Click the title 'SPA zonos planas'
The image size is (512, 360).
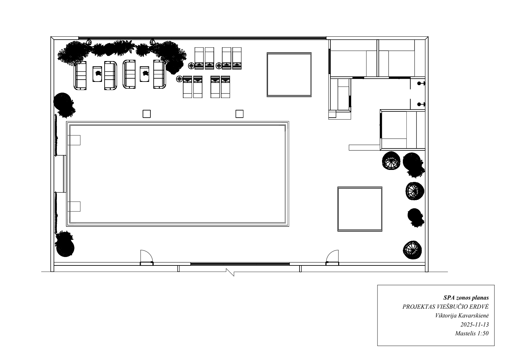coord(466,298)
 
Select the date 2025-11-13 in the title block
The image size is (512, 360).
coord(475,324)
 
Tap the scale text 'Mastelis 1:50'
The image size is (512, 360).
coord(472,333)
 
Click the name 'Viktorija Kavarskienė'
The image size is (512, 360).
coord(462,315)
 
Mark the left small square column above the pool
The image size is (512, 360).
coord(147,114)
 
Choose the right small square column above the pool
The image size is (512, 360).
coord(239,114)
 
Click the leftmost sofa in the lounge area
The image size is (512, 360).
coord(80,75)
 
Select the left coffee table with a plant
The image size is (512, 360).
coord(97,74)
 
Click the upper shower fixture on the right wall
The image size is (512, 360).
coord(421,84)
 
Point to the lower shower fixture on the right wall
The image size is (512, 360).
coord(421,104)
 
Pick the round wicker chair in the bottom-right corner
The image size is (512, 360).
coord(412,250)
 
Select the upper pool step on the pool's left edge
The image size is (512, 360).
coord(74,140)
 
